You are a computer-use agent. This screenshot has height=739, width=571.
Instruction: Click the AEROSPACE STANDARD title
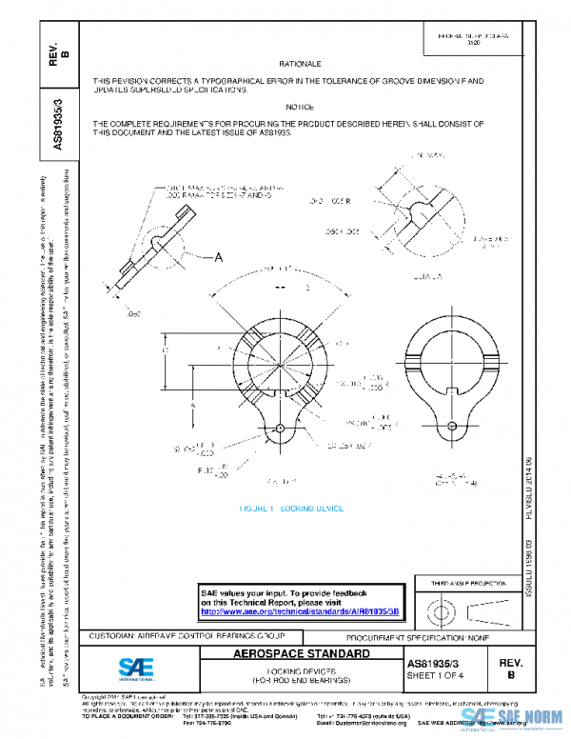coord(301,655)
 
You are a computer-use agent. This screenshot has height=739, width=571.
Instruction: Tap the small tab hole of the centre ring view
coord(282,427)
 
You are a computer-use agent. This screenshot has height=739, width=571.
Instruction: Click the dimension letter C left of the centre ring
coord(164,351)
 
